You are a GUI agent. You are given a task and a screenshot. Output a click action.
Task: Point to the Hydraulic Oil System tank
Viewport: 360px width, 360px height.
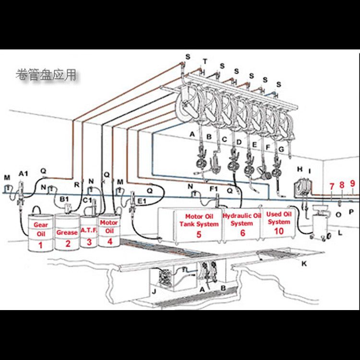coord(242,224)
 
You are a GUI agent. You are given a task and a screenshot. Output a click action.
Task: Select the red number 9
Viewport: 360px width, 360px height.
coord(352,183)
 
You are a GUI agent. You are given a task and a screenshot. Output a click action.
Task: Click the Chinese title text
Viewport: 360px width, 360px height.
coord(46,75)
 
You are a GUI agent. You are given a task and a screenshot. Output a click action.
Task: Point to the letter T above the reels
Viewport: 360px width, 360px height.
coord(205,61)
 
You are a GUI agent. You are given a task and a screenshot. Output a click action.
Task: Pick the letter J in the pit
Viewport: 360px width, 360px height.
coord(154,291)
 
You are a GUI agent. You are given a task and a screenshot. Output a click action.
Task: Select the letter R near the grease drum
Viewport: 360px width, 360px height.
coord(76,183)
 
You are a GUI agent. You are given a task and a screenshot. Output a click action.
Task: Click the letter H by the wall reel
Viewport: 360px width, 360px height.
coord(300,169)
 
